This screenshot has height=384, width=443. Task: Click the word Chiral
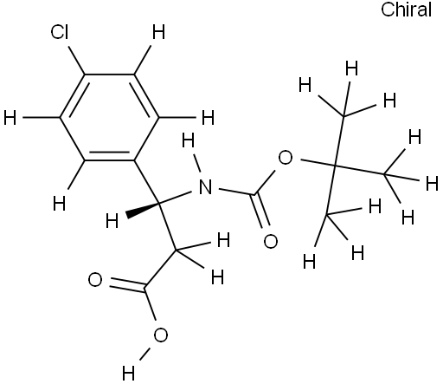(x=407, y=10)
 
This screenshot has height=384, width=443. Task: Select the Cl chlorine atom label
(x=60, y=32)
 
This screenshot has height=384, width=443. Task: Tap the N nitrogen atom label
(x=205, y=186)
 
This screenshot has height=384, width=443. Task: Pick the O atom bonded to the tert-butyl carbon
(x=286, y=158)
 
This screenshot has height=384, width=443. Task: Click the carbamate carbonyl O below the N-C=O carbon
(x=271, y=242)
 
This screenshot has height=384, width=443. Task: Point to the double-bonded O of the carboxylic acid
(x=95, y=280)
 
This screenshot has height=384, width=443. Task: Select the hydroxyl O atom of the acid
(x=161, y=335)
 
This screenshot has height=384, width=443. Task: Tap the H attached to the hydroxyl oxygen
(x=128, y=373)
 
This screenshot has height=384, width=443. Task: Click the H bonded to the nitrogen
(x=189, y=141)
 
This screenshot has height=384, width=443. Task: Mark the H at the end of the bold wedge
(x=112, y=221)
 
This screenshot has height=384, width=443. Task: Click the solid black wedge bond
(x=143, y=210)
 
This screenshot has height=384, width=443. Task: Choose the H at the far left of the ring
(x=10, y=118)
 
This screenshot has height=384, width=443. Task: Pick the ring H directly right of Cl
(x=158, y=32)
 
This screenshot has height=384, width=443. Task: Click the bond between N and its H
(x=198, y=163)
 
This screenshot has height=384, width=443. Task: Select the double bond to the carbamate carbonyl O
(x=262, y=211)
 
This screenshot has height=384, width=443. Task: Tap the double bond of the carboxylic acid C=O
(x=127, y=283)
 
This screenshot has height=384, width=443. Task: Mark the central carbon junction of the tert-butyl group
(x=336, y=166)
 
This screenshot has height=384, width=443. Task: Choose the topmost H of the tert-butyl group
(x=352, y=68)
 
